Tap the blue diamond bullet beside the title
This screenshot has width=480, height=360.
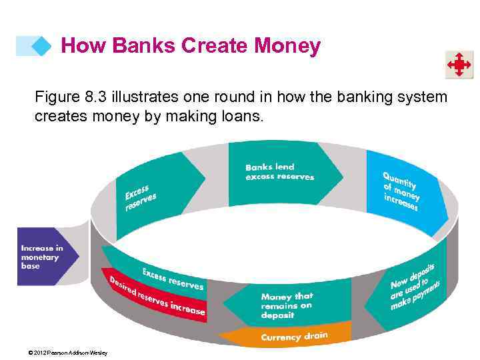[41, 46]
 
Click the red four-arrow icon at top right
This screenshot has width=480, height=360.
[459, 65]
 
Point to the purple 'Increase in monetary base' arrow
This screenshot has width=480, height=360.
[45, 257]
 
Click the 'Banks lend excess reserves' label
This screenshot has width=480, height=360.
[279, 172]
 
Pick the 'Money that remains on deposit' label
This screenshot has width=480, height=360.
[287, 305]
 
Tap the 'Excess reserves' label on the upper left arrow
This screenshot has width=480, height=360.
[141, 197]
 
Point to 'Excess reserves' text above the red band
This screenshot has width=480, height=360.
[173, 278]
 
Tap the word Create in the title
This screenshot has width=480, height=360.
[215, 46]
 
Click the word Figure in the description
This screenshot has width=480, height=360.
[57, 97]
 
